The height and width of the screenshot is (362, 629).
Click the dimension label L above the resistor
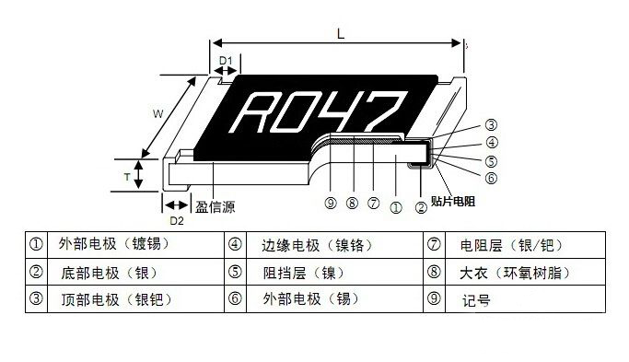coord(341,33)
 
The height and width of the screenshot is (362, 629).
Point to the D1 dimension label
coord(225,62)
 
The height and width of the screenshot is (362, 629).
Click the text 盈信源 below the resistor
coord(216,207)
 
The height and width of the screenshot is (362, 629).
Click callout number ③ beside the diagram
coord(492,125)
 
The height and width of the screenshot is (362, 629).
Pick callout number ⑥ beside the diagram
coord(492,177)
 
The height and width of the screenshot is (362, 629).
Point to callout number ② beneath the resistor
coord(421,206)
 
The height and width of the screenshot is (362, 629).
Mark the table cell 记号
coord(475,299)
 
